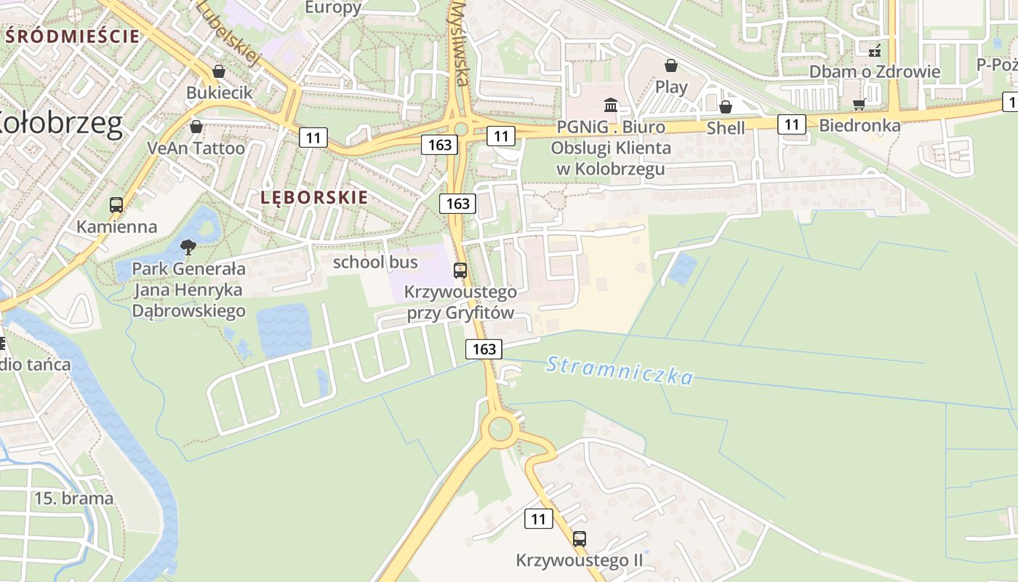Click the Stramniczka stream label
pyautogui.click(x=620, y=369)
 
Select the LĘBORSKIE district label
pyautogui.click(x=314, y=197)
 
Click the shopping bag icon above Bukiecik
pyautogui.click(x=218, y=71)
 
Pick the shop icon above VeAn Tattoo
pyautogui.click(x=196, y=127)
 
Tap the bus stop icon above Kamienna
pyautogui.click(x=116, y=205)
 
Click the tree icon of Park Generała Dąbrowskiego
pyautogui.click(x=188, y=247)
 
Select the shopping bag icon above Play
pyautogui.click(x=671, y=65)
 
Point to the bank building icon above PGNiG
pyautogui.click(x=611, y=105)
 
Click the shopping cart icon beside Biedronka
pyautogui.click(x=859, y=104)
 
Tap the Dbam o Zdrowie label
pyautogui.click(x=875, y=71)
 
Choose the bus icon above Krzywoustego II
pyautogui.click(x=580, y=539)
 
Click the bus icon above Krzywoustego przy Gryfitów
pyautogui.click(x=460, y=271)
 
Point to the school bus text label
pyautogui.click(x=375, y=262)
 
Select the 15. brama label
pyautogui.click(x=74, y=498)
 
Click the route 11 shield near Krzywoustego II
pyautogui.click(x=538, y=519)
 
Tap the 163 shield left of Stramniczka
pyautogui.click(x=484, y=349)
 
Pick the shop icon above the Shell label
pyautogui.click(x=725, y=107)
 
